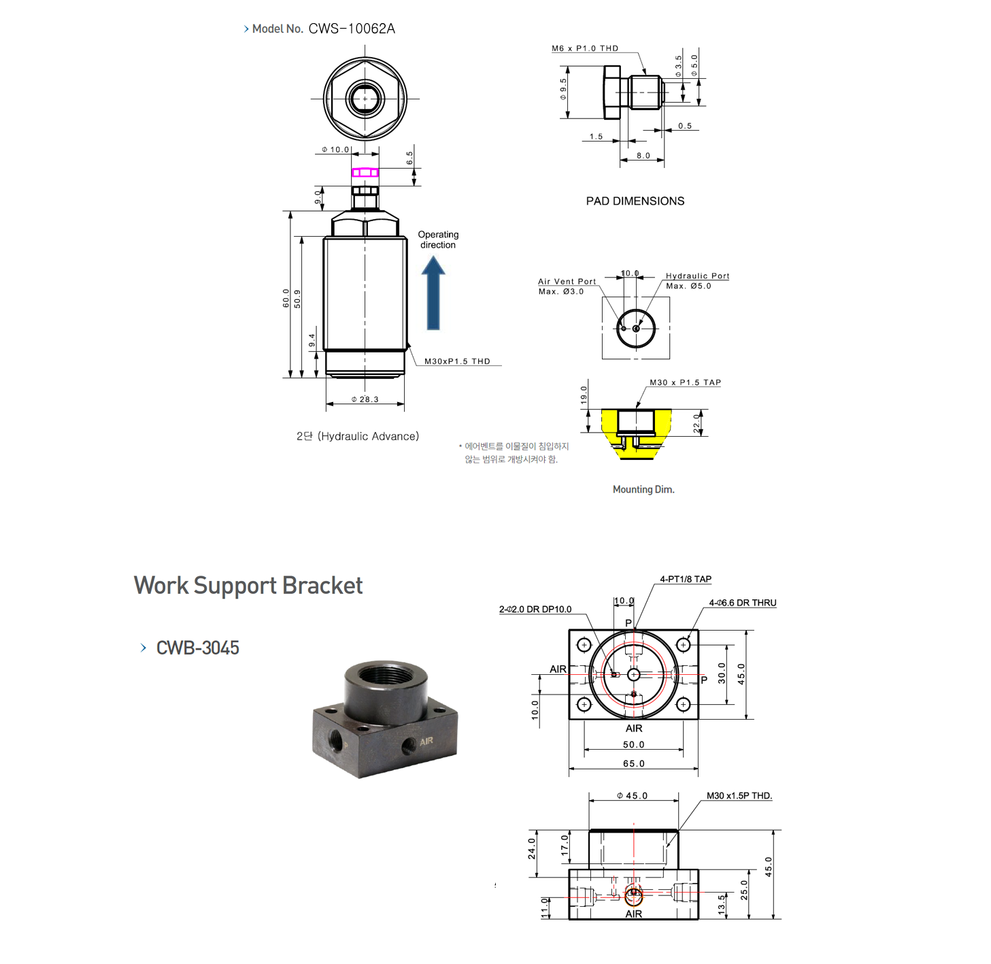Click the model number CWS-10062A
(x=351, y=29)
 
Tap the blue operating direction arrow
(x=433, y=294)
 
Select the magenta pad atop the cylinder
(x=365, y=173)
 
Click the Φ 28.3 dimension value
(x=365, y=399)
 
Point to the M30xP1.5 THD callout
(x=457, y=361)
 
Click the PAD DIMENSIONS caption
(x=635, y=201)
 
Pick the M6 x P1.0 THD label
(x=585, y=48)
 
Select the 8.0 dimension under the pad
(x=643, y=156)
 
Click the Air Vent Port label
(x=567, y=282)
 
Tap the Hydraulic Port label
(x=697, y=276)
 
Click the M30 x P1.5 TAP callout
(x=685, y=383)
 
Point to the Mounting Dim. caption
(x=643, y=490)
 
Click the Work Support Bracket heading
(x=248, y=586)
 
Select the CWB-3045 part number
(x=197, y=648)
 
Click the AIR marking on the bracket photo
(x=426, y=741)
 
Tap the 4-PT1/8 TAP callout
(x=685, y=580)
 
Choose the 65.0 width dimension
(x=634, y=764)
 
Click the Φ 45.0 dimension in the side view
(x=633, y=796)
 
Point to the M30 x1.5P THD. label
(x=739, y=796)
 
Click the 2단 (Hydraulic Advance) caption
(x=358, y=437)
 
